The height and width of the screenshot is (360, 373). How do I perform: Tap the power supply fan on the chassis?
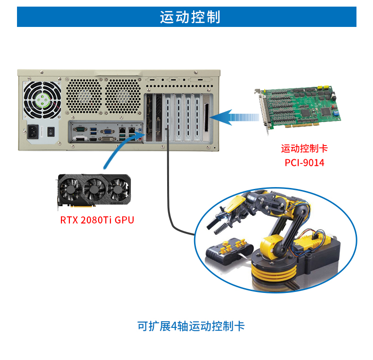pos(42,100)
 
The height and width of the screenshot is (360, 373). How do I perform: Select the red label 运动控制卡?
pos(304,148)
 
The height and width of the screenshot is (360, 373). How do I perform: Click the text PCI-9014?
pos(305,163)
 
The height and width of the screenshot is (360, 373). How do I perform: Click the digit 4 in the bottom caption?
pos(174,326)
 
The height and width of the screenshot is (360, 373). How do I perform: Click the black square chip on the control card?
pos(307,112)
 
